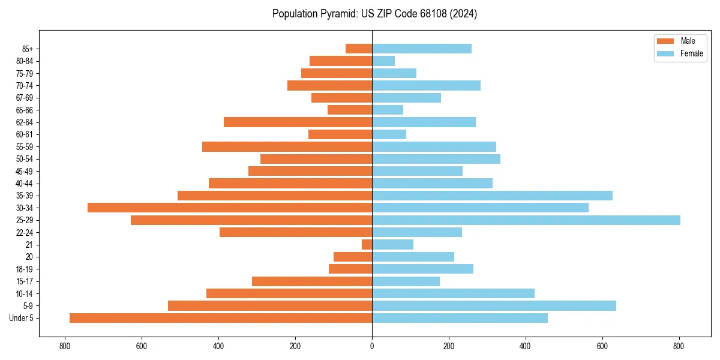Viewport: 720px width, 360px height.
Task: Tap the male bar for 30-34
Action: (x=230, y=208)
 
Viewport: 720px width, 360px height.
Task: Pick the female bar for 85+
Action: (x=422, y=49)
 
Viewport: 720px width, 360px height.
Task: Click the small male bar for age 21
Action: (x=367, y=245)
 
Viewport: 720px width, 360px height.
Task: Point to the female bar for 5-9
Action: (x=494, y=305)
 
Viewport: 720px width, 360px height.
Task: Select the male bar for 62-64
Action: (x=298, y=122)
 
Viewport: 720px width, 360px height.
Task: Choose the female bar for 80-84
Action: (x=383, y=61)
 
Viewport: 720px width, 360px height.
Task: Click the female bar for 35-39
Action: (x=492, y=196)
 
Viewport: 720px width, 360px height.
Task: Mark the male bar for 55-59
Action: (x=287, y=146)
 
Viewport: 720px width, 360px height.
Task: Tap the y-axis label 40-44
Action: (x=25, y=184)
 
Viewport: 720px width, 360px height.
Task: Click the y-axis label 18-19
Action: (x=25, y=269)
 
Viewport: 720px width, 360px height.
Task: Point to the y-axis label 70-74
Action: (x=25, y=86)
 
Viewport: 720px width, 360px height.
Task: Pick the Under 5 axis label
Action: (x=22, y=318)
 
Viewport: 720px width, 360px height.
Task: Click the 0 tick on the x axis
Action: (x=372, y=346)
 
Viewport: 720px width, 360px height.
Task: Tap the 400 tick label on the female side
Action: (x=526, y=346)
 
